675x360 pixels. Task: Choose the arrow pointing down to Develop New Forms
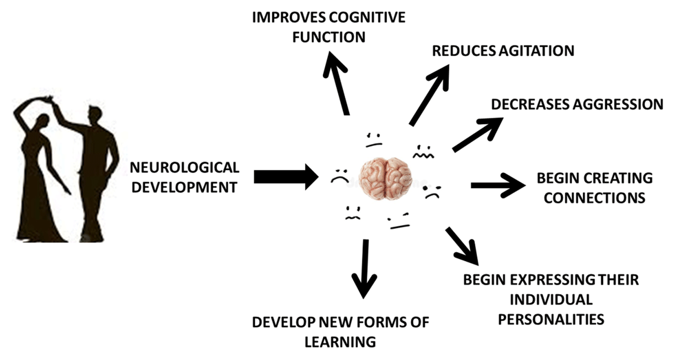point(365,267)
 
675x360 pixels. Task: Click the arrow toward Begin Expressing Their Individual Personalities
point(462,245)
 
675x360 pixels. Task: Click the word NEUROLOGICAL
point(184,167)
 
